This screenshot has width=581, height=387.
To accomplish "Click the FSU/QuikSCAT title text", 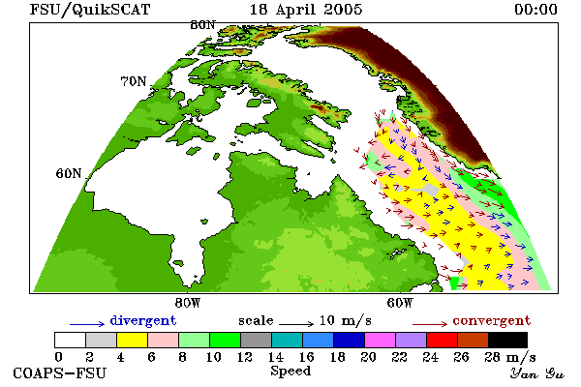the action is coord(90,10).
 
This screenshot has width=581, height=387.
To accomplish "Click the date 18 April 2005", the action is coord(306,10).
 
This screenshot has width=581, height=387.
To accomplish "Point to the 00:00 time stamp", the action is coord(535,10).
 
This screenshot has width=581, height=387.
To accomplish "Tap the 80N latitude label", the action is coord(202,25).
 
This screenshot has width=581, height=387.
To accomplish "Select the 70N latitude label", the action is coord(134,81).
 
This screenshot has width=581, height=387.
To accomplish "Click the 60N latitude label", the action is coord(69,173).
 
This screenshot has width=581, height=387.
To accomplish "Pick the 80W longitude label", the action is coord(188,303).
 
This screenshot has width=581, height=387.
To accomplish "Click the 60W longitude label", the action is coord(400,303).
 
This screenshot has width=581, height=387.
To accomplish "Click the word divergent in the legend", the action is coord(143,320).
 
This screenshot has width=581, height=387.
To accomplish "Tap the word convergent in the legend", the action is coord(492,320).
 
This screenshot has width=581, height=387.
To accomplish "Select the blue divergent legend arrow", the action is coord(87,324).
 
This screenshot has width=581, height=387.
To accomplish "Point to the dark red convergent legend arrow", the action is coord(430,324).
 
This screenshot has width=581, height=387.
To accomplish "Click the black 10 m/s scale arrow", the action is coord(296,324).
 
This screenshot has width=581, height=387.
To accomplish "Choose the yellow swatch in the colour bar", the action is coord(133,340).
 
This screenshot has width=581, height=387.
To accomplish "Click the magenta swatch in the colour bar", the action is coord(381,340).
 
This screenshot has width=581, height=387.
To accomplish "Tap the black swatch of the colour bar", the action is coord(507,340).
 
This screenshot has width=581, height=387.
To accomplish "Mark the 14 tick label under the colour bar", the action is coord(275,357).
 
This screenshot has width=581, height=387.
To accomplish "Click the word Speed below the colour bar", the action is coord(290,372).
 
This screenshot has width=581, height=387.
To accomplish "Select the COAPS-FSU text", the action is coord(60,372).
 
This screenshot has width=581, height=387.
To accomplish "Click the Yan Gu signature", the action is coord(537,372).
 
